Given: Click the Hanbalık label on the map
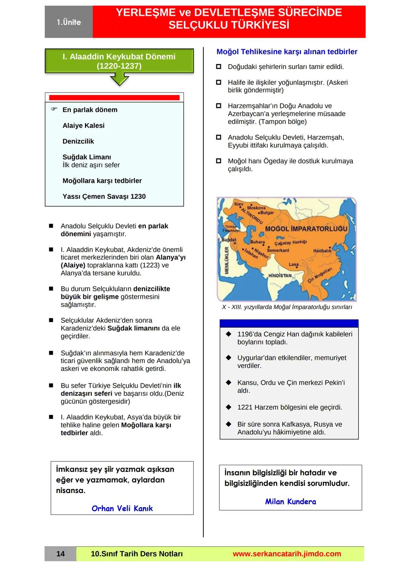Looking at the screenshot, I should click(x=322, y=251).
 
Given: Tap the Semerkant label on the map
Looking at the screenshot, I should click(x=278, y=250).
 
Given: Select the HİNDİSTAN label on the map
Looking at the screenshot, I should click(x=280, y=276).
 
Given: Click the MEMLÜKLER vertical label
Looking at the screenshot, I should click(x=227, y=260).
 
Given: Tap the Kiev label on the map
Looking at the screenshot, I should click(x=239, y=204).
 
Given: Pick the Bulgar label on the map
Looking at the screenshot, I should click(x=267, y=213).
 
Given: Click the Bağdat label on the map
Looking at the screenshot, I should click(x=229, y=240).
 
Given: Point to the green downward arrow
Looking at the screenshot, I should click(x=119, y=80).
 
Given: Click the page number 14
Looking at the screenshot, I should click(x=60, y=554).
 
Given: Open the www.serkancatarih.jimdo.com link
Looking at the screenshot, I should click(x=287, y=554).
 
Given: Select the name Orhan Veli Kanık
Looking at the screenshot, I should click(x=122, y=508).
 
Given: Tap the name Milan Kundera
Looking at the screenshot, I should click(x=291, y=502).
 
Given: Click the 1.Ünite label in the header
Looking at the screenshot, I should click(x=69, y=22).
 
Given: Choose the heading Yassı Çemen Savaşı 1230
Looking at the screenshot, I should click(x=104, y=197).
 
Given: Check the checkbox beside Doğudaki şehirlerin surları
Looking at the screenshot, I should click(x=219, y=67).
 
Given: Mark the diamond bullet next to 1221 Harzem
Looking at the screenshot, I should click(x=228, y=407).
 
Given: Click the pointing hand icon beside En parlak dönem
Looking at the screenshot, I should click(x=54, y=109).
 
